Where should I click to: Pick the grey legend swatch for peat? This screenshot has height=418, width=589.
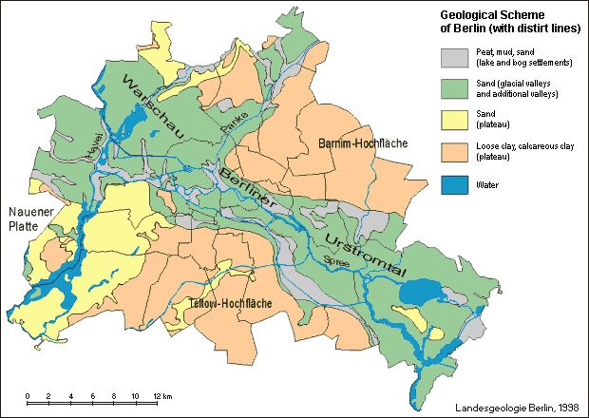pyautogui.click(x=455, y=58)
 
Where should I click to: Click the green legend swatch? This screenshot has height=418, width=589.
pyautogui.click(x=455, y=89)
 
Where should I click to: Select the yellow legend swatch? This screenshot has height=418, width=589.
pyautogui.click(x=455, y=121)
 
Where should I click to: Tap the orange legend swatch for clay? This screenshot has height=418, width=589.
pyautogui.click(x=455, y=152)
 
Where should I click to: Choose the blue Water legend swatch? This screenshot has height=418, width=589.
pyautogui.click(x=455, y=183)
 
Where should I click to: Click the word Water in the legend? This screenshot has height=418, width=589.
pyautogui.click(x=488, y=184)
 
